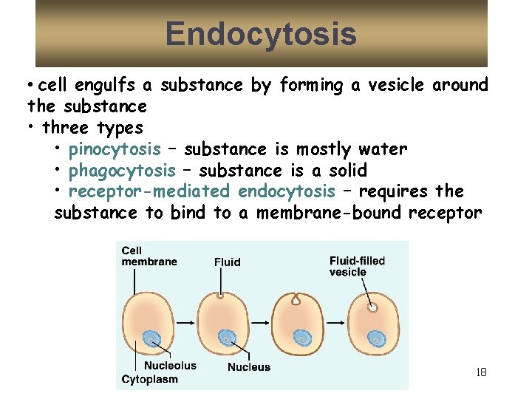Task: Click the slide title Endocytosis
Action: [261, 34]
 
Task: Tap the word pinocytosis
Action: [115, 149]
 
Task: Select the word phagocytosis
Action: [122, 171]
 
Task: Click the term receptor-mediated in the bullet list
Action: [149, 191]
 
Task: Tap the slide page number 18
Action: [481, 372]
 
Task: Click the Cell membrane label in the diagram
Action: [149, 256]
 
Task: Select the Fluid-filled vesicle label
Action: [357, 266]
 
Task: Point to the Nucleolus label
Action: [170, 365]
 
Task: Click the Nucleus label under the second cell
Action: [248, 366]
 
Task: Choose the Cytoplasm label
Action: [150, 379]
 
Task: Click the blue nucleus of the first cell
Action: [152, 338]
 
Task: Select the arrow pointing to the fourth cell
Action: [336, 321]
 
